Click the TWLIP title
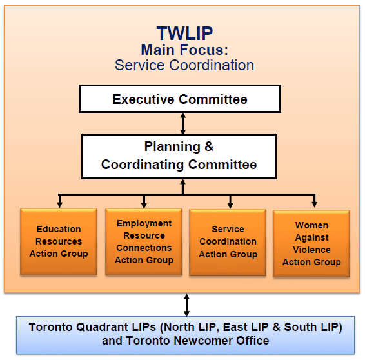[x=184, y=34]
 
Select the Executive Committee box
[x=180, y=99]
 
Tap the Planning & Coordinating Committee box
[x=179, y=157]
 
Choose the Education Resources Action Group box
[x=59, y=242]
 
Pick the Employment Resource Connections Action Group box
[x=144, y=242]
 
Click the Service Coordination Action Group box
[x=228, y=243]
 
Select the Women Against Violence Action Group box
[x=311, y=244]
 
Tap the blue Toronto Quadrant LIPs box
[x=185, y=335]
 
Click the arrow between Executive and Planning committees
[x=183, y=123]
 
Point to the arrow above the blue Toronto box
[x=186, y=305]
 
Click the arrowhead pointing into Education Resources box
[x=59, y=205]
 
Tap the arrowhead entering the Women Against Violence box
[x=315, y=204]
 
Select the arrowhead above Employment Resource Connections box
[x=144, y=205]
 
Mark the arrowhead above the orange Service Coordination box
[x=230, y=205]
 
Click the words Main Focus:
[x=184, y=50]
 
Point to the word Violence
[x=311, y=250]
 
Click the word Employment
[x=144, y=223]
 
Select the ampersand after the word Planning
[x=209, y=146]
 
